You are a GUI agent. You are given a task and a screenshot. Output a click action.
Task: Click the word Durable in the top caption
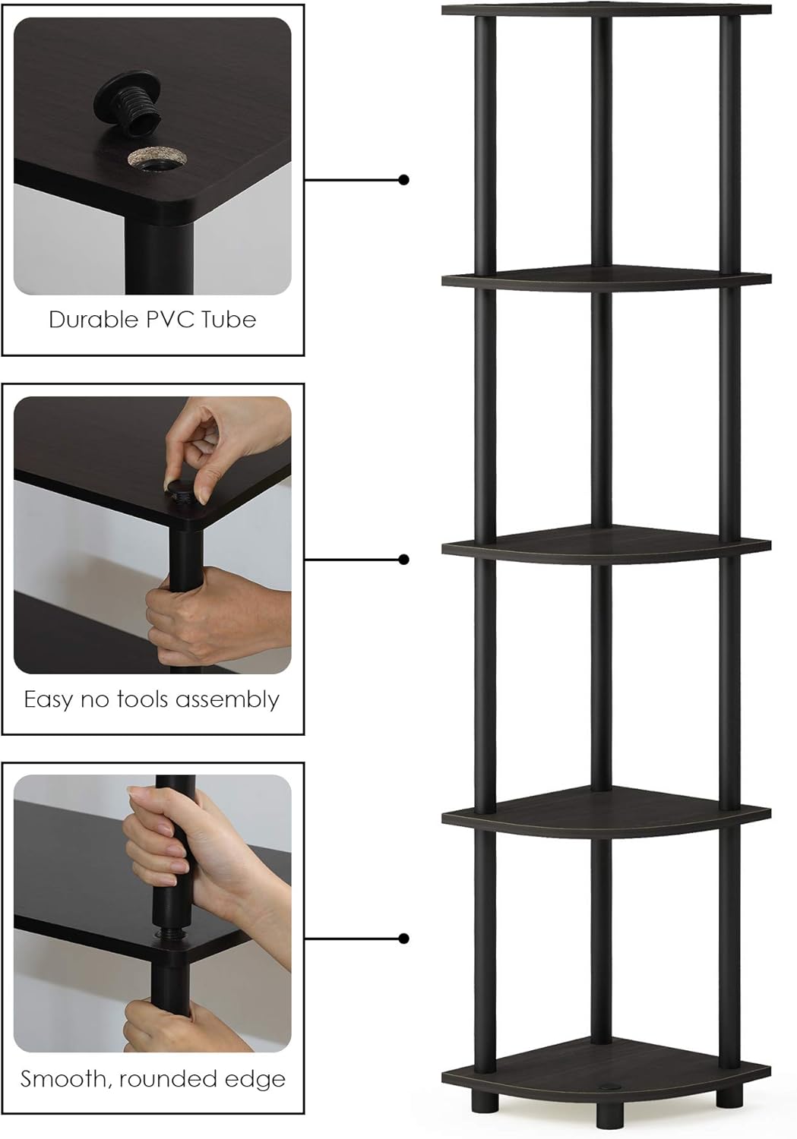(x=84, y=320)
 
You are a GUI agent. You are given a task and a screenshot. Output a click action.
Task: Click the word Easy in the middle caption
(x=48, y=699)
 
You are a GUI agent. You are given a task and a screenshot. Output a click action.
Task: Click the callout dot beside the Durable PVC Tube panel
(x=404, y=180)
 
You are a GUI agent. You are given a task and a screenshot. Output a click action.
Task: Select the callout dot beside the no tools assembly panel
(x=404, y=560)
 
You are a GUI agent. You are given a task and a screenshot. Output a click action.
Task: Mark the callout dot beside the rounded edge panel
(x=404, y=939)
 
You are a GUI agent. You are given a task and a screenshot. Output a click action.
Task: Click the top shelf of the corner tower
(x=606, y=10)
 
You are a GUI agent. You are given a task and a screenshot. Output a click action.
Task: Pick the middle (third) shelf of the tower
(x=606, y=547)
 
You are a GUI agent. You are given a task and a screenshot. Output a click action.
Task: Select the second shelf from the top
(x=606, y=278)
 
